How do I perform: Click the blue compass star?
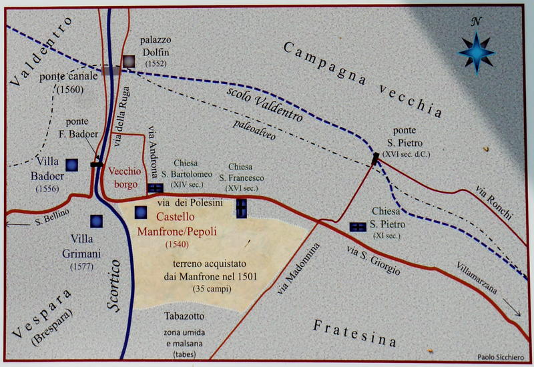477,51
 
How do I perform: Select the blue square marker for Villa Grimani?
96,221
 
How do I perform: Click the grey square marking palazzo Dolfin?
127,61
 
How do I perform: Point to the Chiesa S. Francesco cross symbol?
241,208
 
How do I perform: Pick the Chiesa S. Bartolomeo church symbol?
155,189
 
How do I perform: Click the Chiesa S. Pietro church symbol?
358,228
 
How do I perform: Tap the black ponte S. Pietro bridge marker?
375,158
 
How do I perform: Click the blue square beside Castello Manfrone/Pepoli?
141,212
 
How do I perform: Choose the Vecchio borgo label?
123,175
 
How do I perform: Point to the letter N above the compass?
477,21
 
